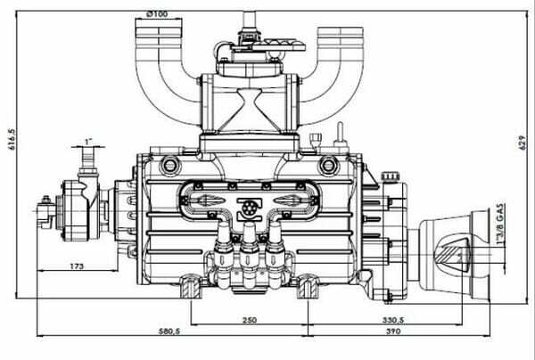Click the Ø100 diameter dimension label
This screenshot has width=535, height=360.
coord(157,14)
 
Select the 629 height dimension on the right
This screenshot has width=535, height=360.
coord(522,143)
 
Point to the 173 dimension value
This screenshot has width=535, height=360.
coord(77,266)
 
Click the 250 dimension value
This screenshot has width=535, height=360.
coord(250,320)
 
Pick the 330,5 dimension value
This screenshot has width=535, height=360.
coord(393,320)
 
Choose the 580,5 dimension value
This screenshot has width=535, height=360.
coord(169,331)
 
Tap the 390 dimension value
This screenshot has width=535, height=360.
coord(393,331)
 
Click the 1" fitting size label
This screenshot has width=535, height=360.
coord(88,142)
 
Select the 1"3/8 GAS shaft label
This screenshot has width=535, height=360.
coord(500,224)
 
